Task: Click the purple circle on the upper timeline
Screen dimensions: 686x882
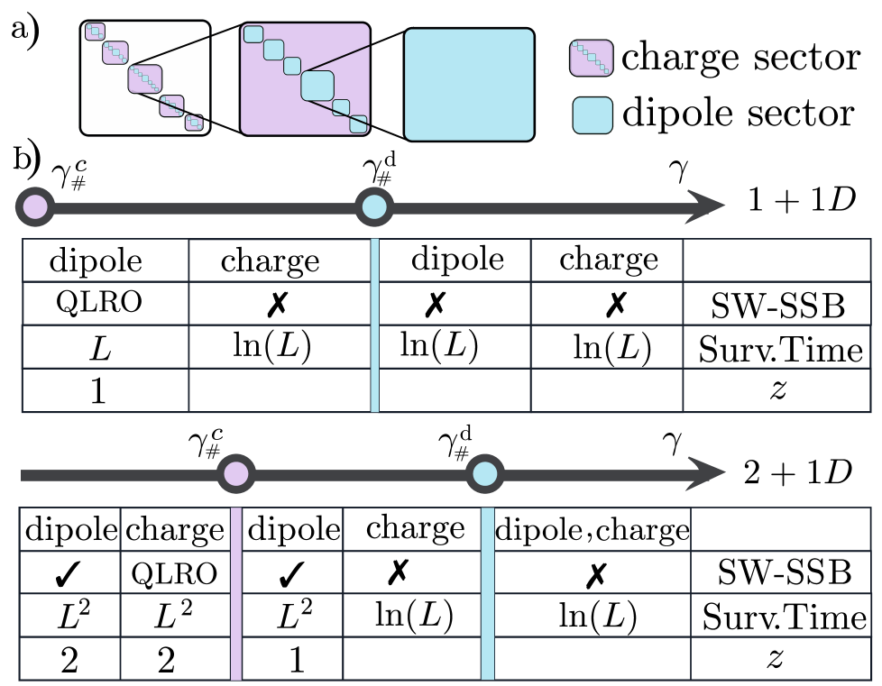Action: pyautogui.click(x=35, y=207)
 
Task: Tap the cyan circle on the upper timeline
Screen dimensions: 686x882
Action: pyautogui.click(x=374, y=207)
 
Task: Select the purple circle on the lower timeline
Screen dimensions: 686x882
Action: pyautogui.click(x=236, y=474)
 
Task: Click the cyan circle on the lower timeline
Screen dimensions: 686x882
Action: pyautogui.click(x=485, y=474)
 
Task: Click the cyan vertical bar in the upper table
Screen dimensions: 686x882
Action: pyautogui.click(x=374, y=325)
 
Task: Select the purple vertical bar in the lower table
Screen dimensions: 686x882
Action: pyautogui.click(x=236, y=593)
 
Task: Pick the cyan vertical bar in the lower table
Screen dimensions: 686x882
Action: pyautogui.click(x=487, y=593)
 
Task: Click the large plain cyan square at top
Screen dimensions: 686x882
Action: pyautogui.click(x=469, y=85)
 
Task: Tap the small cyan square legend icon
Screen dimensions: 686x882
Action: pyautogui.click(x=593, y=115)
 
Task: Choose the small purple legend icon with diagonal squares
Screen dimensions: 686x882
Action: pyautogui.click(x=592, y=59)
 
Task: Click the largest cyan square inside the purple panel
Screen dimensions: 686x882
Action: pyautogui.click(x=317, y=86)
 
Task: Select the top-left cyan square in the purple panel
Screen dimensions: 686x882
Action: pyautogui.click(x=253, y=34)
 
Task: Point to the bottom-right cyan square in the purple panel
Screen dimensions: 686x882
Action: pyautogui.click(x=358, y=123)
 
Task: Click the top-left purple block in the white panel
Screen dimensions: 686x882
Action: pyautogui.click(x=95, y=32)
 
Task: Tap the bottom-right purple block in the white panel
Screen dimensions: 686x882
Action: pyautogui.click(x=194, y=123)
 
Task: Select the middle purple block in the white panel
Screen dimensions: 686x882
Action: pyautogui.click(x=145, y=79)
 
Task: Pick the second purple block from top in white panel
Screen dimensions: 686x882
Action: pyautogui.click(x=115, y=52)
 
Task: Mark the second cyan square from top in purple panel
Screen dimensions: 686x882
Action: pyautogui.click(x=273, y=50)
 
